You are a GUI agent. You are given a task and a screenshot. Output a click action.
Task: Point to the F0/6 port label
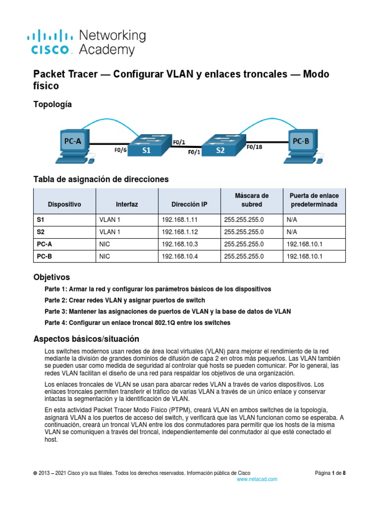pos(120,150)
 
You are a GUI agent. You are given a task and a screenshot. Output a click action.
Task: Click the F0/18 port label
pos(255,146)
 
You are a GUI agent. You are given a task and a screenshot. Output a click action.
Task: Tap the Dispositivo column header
pos(64,204)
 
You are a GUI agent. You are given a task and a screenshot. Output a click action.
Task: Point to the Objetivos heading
pos(51,277)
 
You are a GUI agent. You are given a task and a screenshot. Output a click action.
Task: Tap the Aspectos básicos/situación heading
pos(86,339)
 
